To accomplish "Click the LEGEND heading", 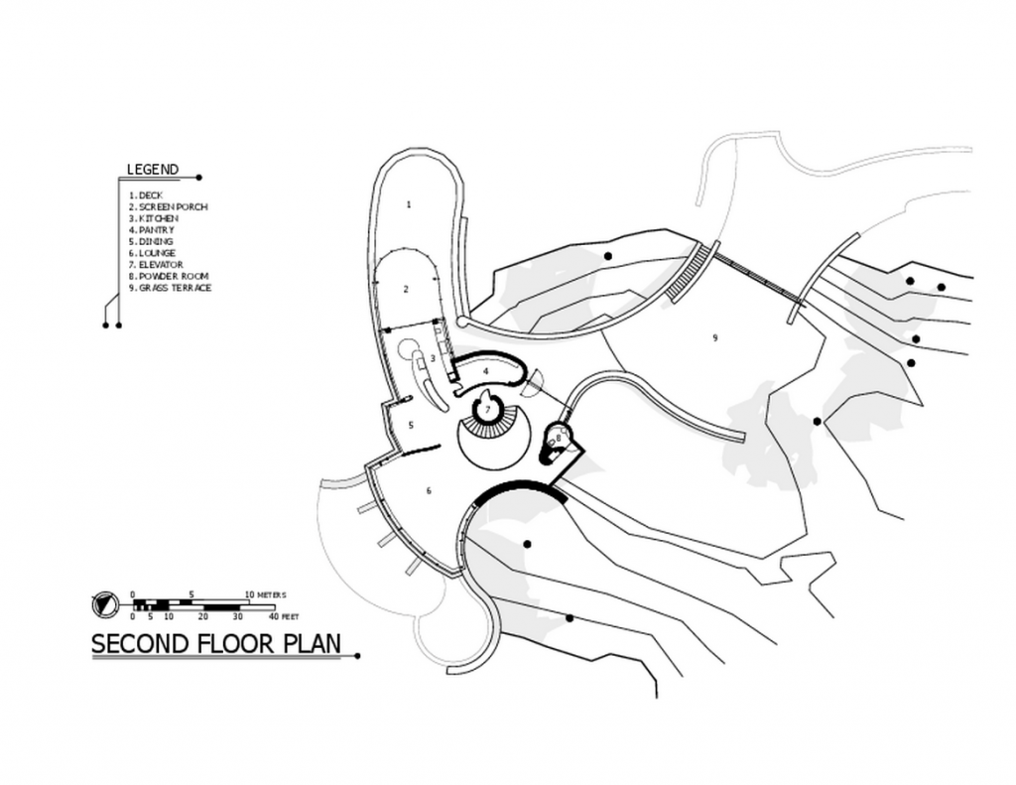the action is [153, 170].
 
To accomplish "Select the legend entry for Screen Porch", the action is [169, 206].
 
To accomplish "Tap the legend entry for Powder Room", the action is [169, 276].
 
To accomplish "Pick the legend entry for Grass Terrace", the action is [171, 288].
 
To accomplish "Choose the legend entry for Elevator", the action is [156, 264].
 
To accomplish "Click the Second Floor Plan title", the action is [215, 644].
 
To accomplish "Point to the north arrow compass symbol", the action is [103, 604].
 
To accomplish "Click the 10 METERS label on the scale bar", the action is [265, 594].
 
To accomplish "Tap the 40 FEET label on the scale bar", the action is [284, 616].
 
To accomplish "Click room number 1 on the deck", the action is [408, 204].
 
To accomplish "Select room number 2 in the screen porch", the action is [406, 289].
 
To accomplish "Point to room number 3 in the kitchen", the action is [433, 358].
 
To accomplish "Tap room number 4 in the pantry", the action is [485, 371].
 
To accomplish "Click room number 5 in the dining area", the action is [411, 426].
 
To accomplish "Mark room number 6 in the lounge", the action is [429, 490].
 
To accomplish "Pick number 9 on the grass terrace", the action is [714, 337].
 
